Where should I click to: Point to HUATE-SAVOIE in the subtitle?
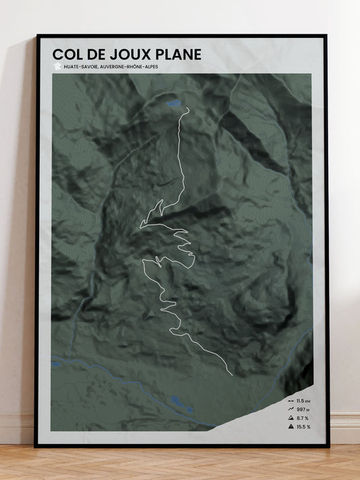(80, 66)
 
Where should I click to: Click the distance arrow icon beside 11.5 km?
(290, 400)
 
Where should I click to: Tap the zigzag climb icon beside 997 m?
(290, 409)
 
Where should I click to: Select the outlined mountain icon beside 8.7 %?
(290, 418)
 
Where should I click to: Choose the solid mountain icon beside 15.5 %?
(290, 427)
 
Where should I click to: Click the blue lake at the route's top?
(174, 104)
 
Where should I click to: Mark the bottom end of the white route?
(232, 375)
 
